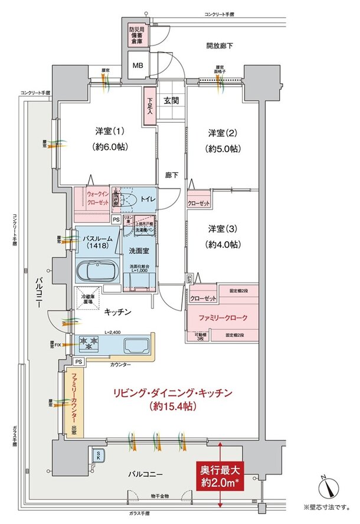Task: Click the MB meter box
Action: (x=138, y=65)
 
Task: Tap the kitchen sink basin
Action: (x=133, y=345)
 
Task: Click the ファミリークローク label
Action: (x=223, y=318)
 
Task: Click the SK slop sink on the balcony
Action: (x=96, y=455)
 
